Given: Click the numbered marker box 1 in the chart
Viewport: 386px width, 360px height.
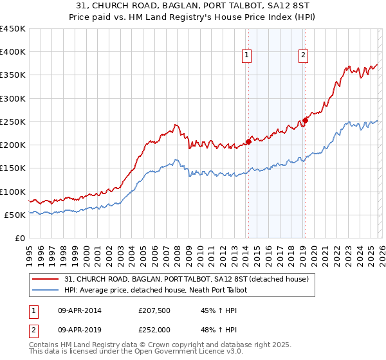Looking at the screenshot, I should [x=248, y=56].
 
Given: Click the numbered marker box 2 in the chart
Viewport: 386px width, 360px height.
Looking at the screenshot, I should [x=303, y=56].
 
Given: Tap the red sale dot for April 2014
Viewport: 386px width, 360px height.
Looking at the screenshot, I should [x=248, y=141].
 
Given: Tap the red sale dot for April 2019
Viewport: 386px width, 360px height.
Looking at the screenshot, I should [x=306, y=120].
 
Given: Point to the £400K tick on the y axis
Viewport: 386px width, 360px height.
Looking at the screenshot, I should [x=13, y=52].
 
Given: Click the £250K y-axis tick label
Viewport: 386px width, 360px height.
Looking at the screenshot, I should [x=13, y=122].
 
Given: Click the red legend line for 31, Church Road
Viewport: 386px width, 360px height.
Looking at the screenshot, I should [x=46, y=279].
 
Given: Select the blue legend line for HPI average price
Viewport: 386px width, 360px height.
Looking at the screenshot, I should [x=46, y=290].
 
